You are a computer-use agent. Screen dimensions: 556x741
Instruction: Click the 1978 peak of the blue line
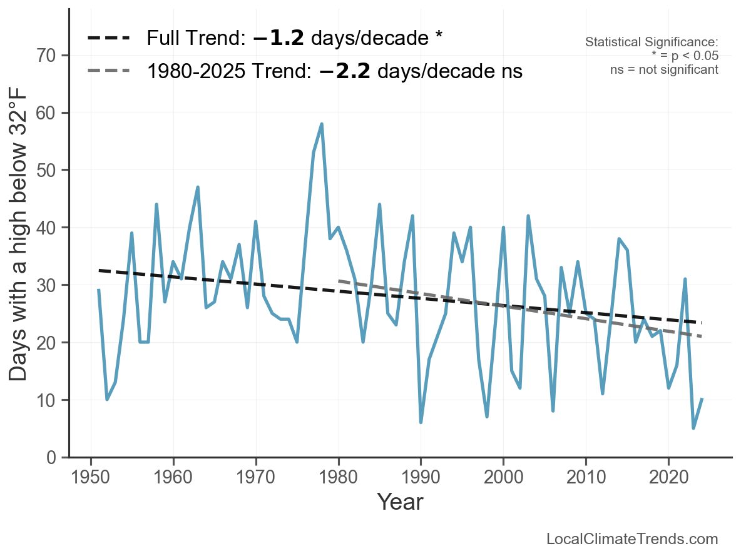coord(322,124)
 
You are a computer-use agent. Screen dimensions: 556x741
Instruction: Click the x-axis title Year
coord(400,502)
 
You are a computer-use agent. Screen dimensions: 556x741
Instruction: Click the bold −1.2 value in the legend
coord(279,38)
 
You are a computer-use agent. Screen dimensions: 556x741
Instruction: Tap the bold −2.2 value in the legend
coord(344,71)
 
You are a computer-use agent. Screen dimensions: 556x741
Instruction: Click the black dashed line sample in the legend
coord(108,38)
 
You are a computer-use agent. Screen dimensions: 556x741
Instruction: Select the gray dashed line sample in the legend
coord(108,71)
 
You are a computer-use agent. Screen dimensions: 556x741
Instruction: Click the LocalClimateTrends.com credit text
coord(632,539)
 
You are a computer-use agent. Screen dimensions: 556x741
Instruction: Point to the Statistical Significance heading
coord(652,43)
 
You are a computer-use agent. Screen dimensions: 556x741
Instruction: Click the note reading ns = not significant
coord(664,69)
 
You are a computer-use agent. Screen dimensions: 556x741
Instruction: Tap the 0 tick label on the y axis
coord(51,458)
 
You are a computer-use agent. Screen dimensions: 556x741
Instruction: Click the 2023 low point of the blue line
coord(693,428)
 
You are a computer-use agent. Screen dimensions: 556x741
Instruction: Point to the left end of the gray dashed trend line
coord(339,281)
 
